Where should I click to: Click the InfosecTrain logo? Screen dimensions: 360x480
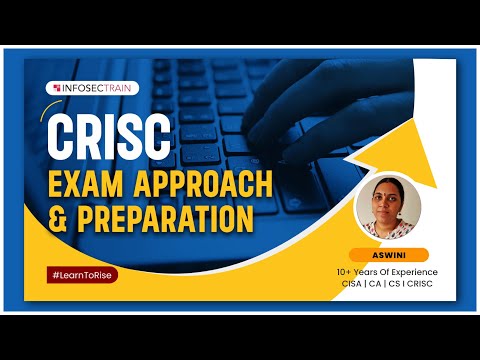pyautogui.click(x=97, y=88)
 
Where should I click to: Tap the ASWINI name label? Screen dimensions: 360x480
pyautogui.click(x=389, y=254)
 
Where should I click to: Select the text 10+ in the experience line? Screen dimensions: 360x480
pyautogui.click(x=345, y=272)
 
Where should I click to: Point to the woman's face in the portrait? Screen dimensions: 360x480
pyautogui.click(x=386, y=197)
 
